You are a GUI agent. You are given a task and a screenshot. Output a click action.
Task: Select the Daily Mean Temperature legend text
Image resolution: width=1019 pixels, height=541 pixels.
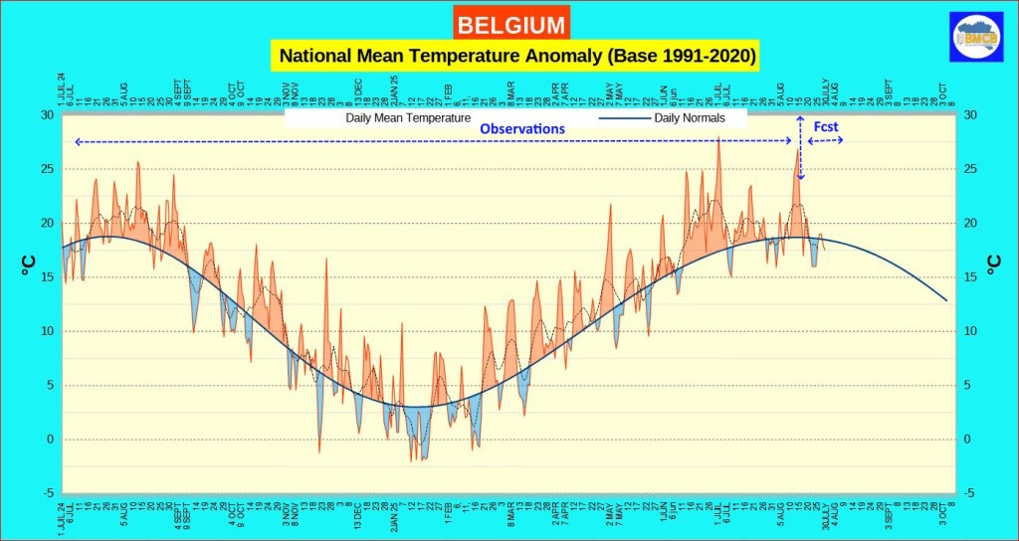[408, 118]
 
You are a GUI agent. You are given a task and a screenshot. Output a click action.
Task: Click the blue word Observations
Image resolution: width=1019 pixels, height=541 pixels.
[522, 129]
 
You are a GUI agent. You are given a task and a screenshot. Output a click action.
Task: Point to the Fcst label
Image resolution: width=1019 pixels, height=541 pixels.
[826, 128]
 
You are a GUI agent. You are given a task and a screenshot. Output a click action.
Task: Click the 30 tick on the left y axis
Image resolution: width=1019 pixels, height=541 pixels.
[47, 115]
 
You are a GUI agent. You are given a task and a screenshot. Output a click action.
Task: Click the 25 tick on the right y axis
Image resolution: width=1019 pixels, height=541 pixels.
[971, 169]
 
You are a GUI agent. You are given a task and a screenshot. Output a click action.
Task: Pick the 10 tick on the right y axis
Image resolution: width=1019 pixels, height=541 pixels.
[971, 331]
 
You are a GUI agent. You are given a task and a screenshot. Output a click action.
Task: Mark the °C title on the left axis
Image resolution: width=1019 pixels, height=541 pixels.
[27, 264]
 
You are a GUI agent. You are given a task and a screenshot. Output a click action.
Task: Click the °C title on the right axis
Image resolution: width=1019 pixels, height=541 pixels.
[992, 264]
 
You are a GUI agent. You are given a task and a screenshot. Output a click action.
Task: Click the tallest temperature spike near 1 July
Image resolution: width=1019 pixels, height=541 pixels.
[717, 139]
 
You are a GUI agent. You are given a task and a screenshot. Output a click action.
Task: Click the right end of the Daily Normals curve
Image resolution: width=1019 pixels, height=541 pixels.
[945, 299]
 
